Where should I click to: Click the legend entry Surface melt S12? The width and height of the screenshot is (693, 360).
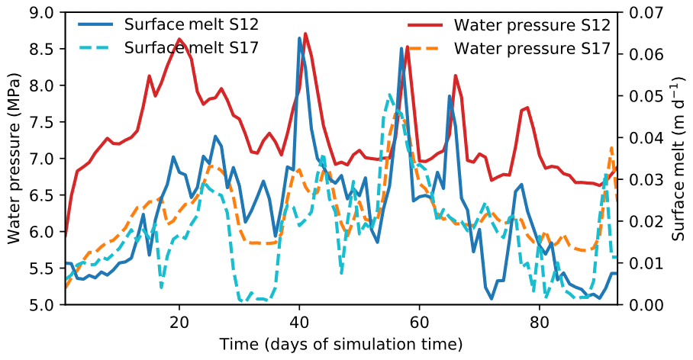click(180, 24)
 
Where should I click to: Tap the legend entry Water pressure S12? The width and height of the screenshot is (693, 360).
click(532, 24)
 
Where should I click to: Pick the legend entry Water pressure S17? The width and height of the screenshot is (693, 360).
click(532, 47)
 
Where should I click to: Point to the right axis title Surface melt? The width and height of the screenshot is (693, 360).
click(679, 159)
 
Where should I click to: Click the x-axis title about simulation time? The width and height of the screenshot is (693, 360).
click(340, 344)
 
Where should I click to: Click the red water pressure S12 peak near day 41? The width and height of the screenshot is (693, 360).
click(305, 34)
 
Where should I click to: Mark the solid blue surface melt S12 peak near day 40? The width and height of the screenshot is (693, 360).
click(299, 37)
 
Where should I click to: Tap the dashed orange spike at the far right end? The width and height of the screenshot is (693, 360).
click(611, 147)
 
